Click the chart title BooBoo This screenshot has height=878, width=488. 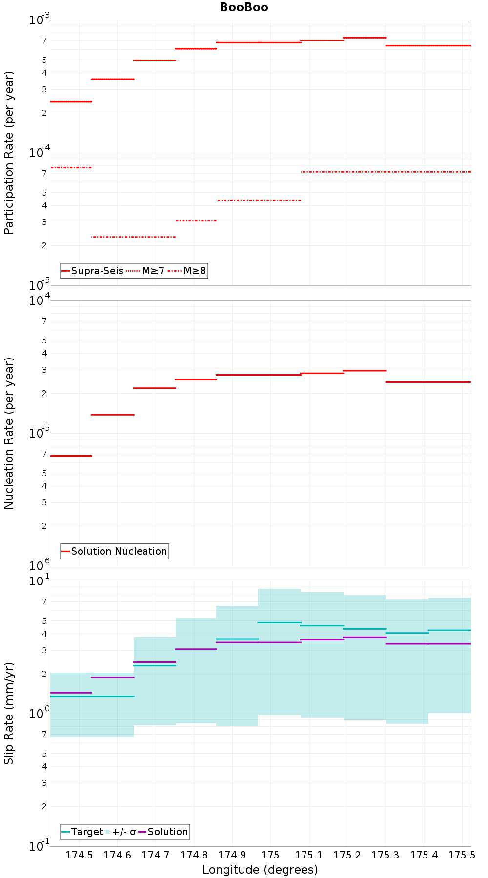[244, 7]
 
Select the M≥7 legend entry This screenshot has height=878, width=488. [153, 271]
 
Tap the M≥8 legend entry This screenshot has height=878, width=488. [194, 271]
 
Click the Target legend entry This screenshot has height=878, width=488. [87, 832]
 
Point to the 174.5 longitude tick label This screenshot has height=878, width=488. [79, 855]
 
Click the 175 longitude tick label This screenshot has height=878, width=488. [270, 855]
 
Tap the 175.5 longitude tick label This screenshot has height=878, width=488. [462, 855]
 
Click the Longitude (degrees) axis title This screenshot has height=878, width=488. [260, 869]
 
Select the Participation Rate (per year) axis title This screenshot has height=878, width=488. [9, 153]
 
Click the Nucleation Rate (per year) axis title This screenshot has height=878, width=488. [9, 433]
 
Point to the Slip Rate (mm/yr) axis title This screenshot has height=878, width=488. [9, 713]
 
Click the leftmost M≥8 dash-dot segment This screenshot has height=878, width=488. [71, 167]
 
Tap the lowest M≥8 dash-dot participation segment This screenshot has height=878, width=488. [134, 237]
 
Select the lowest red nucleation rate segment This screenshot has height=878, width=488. [71, 456]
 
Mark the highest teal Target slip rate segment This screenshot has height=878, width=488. [279, 622]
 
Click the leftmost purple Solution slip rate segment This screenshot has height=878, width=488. [71, 693]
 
